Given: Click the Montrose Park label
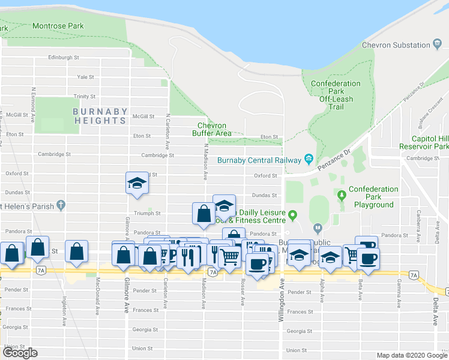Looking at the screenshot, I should [x=58, y=26].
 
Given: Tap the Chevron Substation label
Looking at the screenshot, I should [x=401, y=46].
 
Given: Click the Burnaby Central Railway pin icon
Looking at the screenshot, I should [x=309, y=159].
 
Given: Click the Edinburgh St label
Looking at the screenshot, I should [x=64, y=58].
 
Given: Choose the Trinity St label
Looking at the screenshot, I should [x=85, y=96].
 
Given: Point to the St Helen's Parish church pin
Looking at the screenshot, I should [x=61, y=205].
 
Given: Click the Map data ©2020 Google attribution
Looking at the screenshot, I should [x=412, y=355].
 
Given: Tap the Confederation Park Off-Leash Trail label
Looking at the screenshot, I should [x=336, y=95].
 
